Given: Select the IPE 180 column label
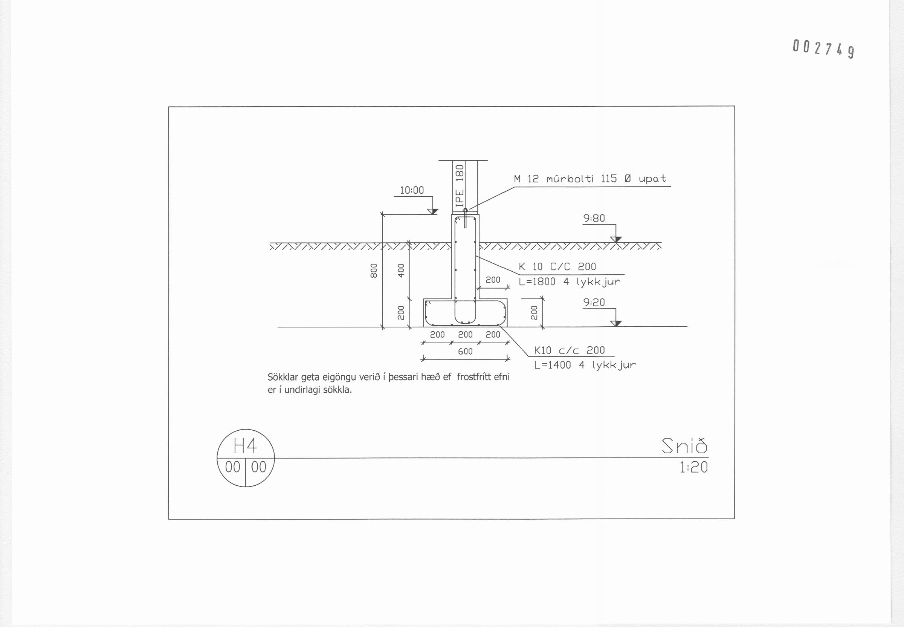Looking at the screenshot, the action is tap(460, 186).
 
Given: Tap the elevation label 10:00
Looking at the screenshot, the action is tap(412, 191).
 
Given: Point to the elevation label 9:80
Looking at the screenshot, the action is tap(594, 219).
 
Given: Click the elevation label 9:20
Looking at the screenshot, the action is tap(594, 303).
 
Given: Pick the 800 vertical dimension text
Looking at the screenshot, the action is tap(374, 271).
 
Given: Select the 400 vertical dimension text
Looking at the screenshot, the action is tap(401, 271).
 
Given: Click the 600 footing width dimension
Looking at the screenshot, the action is tap(465, 351).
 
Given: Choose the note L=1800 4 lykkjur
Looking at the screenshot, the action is tap(570, 282).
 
